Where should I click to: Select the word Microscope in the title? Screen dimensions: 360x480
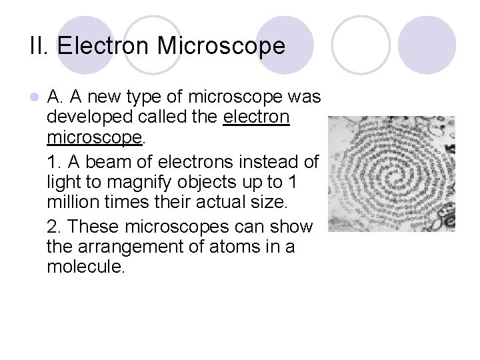click(x=221, y=46)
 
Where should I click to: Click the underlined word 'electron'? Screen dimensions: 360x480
click(x=257, y=118)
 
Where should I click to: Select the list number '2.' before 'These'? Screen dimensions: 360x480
click(x=55, y=227)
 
